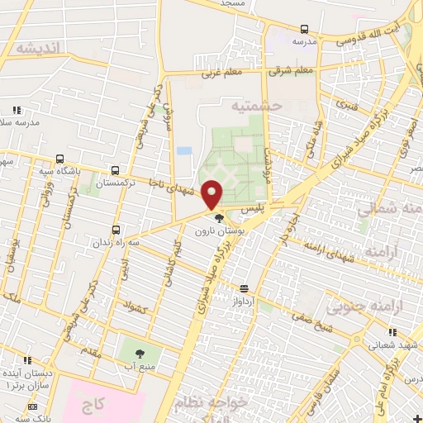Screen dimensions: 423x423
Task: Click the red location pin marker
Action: (x=212, y=194)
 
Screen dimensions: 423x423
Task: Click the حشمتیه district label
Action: (x=256, y=106)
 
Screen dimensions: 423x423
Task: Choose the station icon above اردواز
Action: (x=245, y=289)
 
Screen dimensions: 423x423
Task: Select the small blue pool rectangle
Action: (x=183, y=151)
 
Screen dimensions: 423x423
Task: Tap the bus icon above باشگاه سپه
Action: (x=59, y=159)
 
